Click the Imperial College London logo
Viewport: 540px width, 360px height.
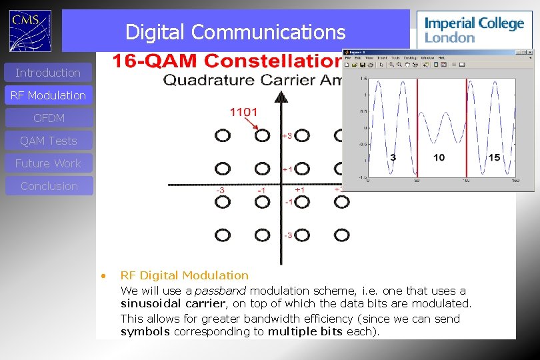point(474,29)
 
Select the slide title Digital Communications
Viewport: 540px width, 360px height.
point(235,32)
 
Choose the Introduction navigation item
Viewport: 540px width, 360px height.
point(48,73)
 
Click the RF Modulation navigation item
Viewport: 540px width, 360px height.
point(48,95)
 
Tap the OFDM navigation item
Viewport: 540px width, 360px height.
point(49,118)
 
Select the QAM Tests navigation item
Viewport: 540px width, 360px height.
point(48,141)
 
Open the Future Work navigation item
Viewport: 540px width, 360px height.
point(48,163)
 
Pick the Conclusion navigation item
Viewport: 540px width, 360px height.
point(49,186)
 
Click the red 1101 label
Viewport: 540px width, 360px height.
point(243,112)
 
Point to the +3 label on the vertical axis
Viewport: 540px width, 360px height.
point(287,136)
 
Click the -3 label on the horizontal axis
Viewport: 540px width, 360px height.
point(220,190)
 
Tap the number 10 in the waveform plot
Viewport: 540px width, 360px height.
point(439,157)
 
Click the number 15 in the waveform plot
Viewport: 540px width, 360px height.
point(493,157)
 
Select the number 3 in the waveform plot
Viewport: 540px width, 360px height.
point(393,157)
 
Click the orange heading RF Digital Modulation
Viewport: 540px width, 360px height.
point(184,275)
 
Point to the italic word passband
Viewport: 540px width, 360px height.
point(220,291)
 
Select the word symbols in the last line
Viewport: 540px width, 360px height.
point(145,331)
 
